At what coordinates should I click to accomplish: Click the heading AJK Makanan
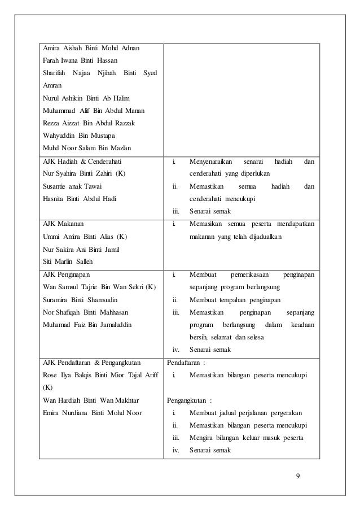63,224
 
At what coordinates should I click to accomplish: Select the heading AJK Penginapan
65,274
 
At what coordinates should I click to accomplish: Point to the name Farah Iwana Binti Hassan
79,60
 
